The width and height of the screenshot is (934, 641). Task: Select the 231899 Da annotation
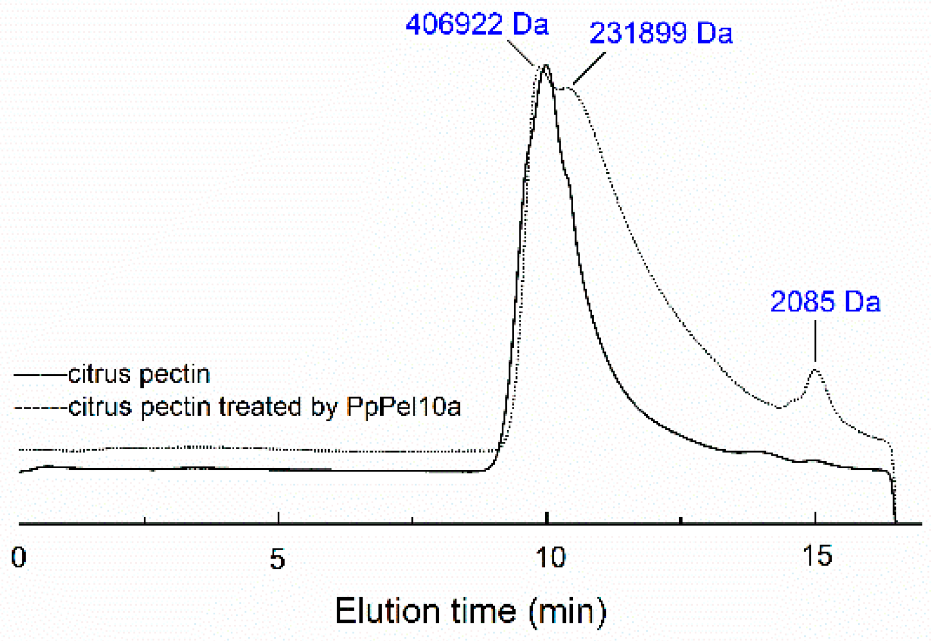pyautogui.click(x=660, y=33)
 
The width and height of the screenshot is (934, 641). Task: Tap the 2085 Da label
pyautogui.click(x=825, y=302)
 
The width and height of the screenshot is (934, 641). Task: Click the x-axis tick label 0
pyautogui.click(x=19, y=558)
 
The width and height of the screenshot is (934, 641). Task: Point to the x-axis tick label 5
pyautogui.click(x=277, y=559)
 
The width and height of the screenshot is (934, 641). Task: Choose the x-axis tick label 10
pyautogui.click(x=550, y=558)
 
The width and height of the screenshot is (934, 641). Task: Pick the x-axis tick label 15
pyautogui.click(x=817, y=556)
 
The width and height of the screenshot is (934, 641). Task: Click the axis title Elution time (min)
pyautogui.click(x=471, y=611)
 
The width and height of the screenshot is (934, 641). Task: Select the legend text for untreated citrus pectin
pyautogui.click(x=139, y=374)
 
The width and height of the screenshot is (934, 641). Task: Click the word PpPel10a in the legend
pyautogui.click(x=403, y=407)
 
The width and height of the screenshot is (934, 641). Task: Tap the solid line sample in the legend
pyautogui.click(x=40, y=375)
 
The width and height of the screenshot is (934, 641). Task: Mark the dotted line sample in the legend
pyautogui.click(x=40, y=407)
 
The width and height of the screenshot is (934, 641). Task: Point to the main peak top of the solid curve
pyautogui.click(x=546, y=66)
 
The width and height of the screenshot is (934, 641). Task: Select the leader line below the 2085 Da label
pyautogui.click(x=815, y=341)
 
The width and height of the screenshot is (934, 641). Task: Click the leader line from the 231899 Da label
pyautogui.click(x=589, y=68)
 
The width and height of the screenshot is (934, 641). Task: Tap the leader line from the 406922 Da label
pyautogui.click(x=520, y=53)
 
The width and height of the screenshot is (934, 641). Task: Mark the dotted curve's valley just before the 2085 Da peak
pyautogui.click(x=780, y=407)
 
